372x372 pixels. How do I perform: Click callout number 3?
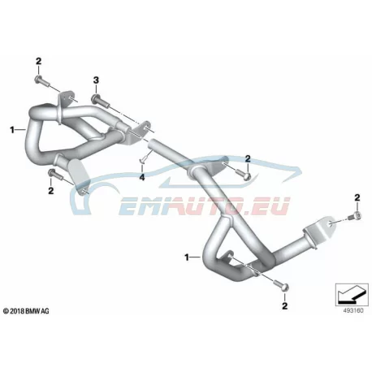coord(96,80)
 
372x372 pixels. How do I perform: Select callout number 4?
coord(142,177)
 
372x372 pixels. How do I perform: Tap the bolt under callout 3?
coord(100,101)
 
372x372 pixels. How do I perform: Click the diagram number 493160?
coord(353,310)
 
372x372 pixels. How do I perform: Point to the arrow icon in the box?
coord(352,293)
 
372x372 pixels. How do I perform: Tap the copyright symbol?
coord(6,311)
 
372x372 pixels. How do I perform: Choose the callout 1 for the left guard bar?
coord(12,130)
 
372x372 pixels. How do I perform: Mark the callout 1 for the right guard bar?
coord(187,257)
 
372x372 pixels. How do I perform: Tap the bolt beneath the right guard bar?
coord(282,286)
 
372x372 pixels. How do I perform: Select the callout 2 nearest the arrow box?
coord(284,306)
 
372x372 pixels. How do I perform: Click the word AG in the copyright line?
coord(45,311)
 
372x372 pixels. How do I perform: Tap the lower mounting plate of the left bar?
coord(79,175)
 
